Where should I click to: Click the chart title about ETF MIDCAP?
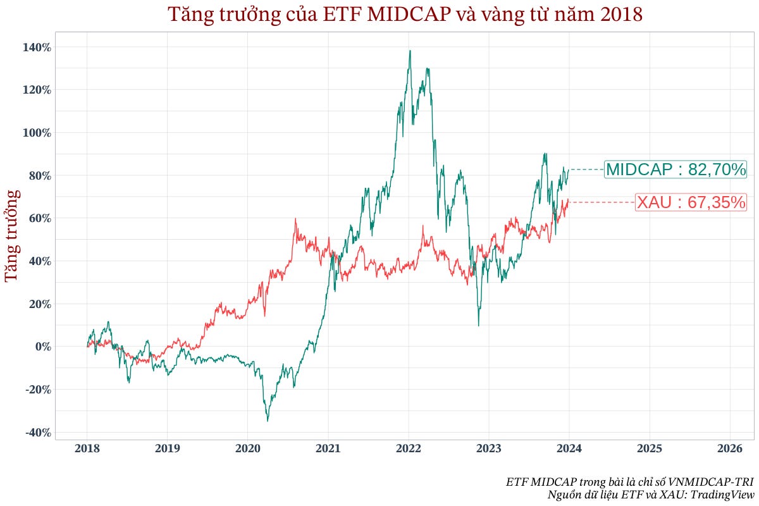(405, 15)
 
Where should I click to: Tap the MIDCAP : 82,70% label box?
(676, 170)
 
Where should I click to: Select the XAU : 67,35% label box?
(691, 202)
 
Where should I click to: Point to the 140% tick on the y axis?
(38, 47)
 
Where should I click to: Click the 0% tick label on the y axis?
(42, 347)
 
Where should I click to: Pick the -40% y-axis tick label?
(38, 432)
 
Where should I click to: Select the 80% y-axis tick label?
(40, 176)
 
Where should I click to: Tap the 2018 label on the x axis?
(87, 449)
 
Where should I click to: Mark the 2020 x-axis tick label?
(247, 449)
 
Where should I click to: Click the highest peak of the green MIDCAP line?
(410, 51)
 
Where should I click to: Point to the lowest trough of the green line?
(268, 421)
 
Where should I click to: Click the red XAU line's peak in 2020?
(295, 219)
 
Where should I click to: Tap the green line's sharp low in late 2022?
(478, 325)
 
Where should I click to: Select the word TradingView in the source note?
(724, 494)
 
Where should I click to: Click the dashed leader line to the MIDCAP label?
(587, 170)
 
